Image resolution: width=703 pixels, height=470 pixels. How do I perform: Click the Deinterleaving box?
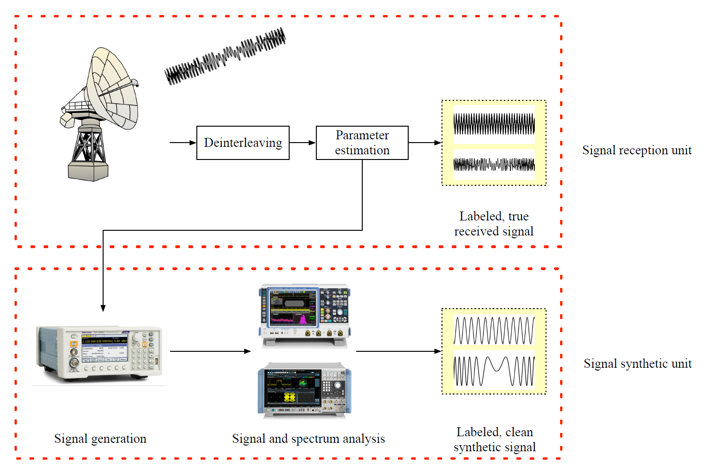tap(243, 143)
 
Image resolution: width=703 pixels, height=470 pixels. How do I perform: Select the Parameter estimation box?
tap(362, 143)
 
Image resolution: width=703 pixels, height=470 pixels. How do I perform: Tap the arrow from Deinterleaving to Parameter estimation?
tap(302, 143)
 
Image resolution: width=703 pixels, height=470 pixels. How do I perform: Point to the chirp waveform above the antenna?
tap(225, 56)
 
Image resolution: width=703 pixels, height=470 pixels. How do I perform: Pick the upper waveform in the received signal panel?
tap(494, 124)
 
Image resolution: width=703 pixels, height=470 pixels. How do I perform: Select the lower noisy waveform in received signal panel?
tap(494, 165)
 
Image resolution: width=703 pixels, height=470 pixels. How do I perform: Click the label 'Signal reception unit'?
tap(636, 150)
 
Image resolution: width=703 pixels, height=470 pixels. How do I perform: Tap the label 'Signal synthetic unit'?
tap(637, 364)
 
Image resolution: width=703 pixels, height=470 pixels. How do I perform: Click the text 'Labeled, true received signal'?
tap(494, 224)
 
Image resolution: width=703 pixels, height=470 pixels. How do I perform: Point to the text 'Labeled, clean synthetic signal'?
tap(494, 439)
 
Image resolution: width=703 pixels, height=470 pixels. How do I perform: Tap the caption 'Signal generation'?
tap(100, 439)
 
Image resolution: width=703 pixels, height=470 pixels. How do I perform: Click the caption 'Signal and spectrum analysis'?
tap(308, 439)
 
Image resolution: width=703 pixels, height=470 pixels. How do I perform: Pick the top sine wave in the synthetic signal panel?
tap(494, 331)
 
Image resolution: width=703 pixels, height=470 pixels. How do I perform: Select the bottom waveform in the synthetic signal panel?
tap(494, 371)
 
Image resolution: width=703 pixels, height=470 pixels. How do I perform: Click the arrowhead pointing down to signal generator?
tap(103, 308)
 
